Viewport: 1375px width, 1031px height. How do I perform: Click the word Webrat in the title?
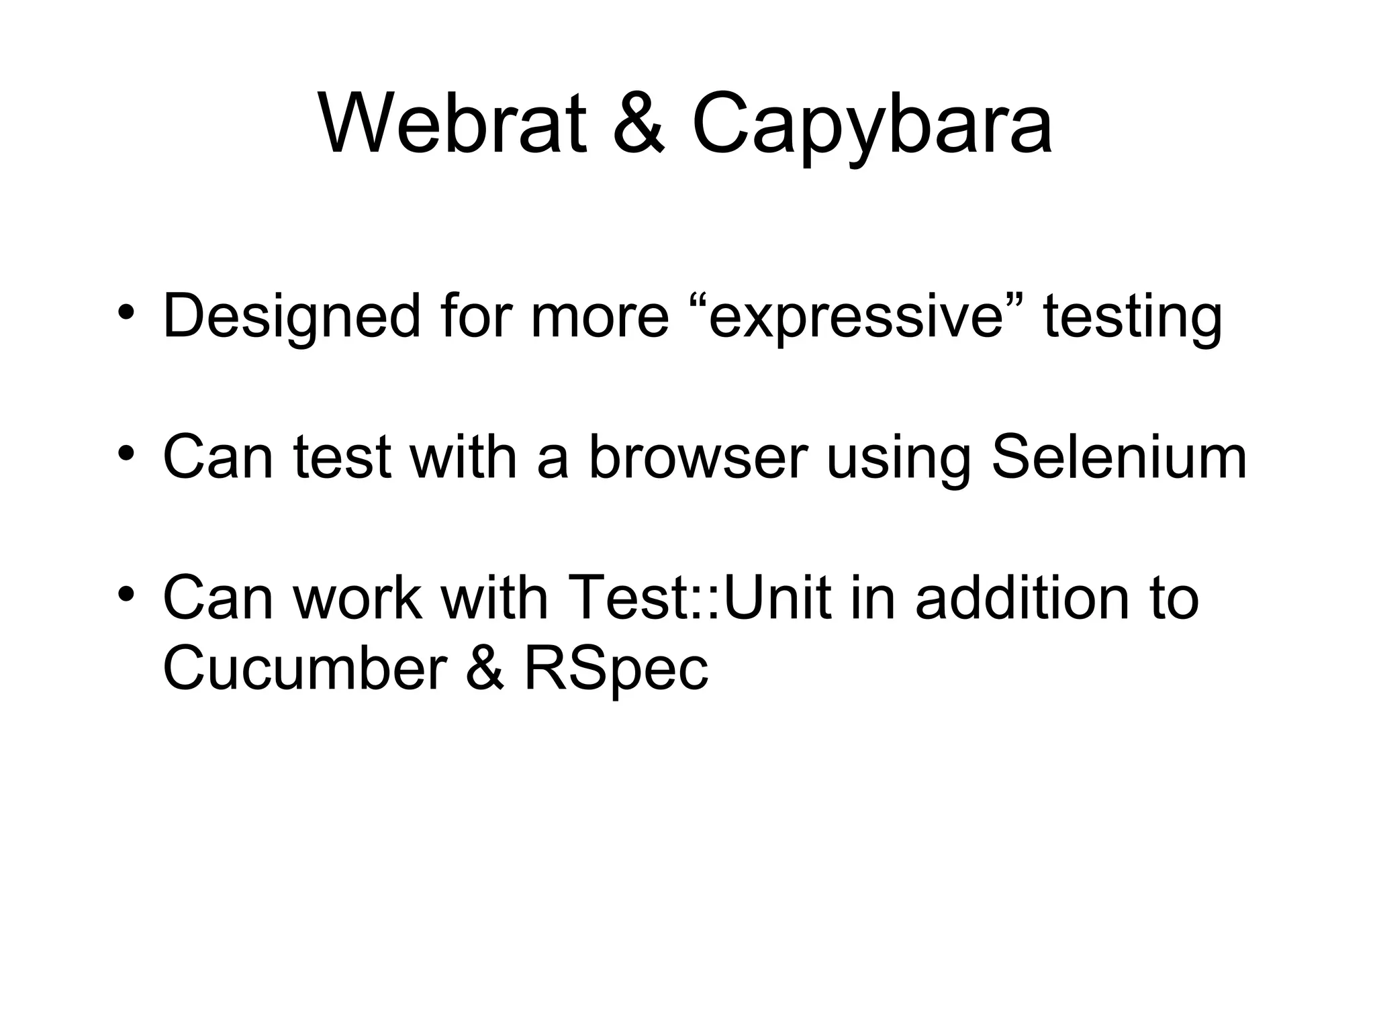(x=452, y=125)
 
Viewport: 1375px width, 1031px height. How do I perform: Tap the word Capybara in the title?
(x=871, y=128)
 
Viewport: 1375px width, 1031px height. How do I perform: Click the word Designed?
(x=291, y=317)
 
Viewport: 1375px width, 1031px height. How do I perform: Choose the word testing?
(x=1133, y=317)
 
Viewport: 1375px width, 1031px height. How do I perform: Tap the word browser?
(x=698, y=458)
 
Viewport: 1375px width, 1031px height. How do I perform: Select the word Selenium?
(x=1119, y=458)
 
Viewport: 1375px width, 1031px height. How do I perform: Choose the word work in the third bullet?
(x=358, y=597)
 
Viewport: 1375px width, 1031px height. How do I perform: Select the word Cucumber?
(x=305, y=669)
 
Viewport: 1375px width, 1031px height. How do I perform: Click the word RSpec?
(x=616, y=670)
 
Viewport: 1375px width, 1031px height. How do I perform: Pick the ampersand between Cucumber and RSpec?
(x=484, y=669)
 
